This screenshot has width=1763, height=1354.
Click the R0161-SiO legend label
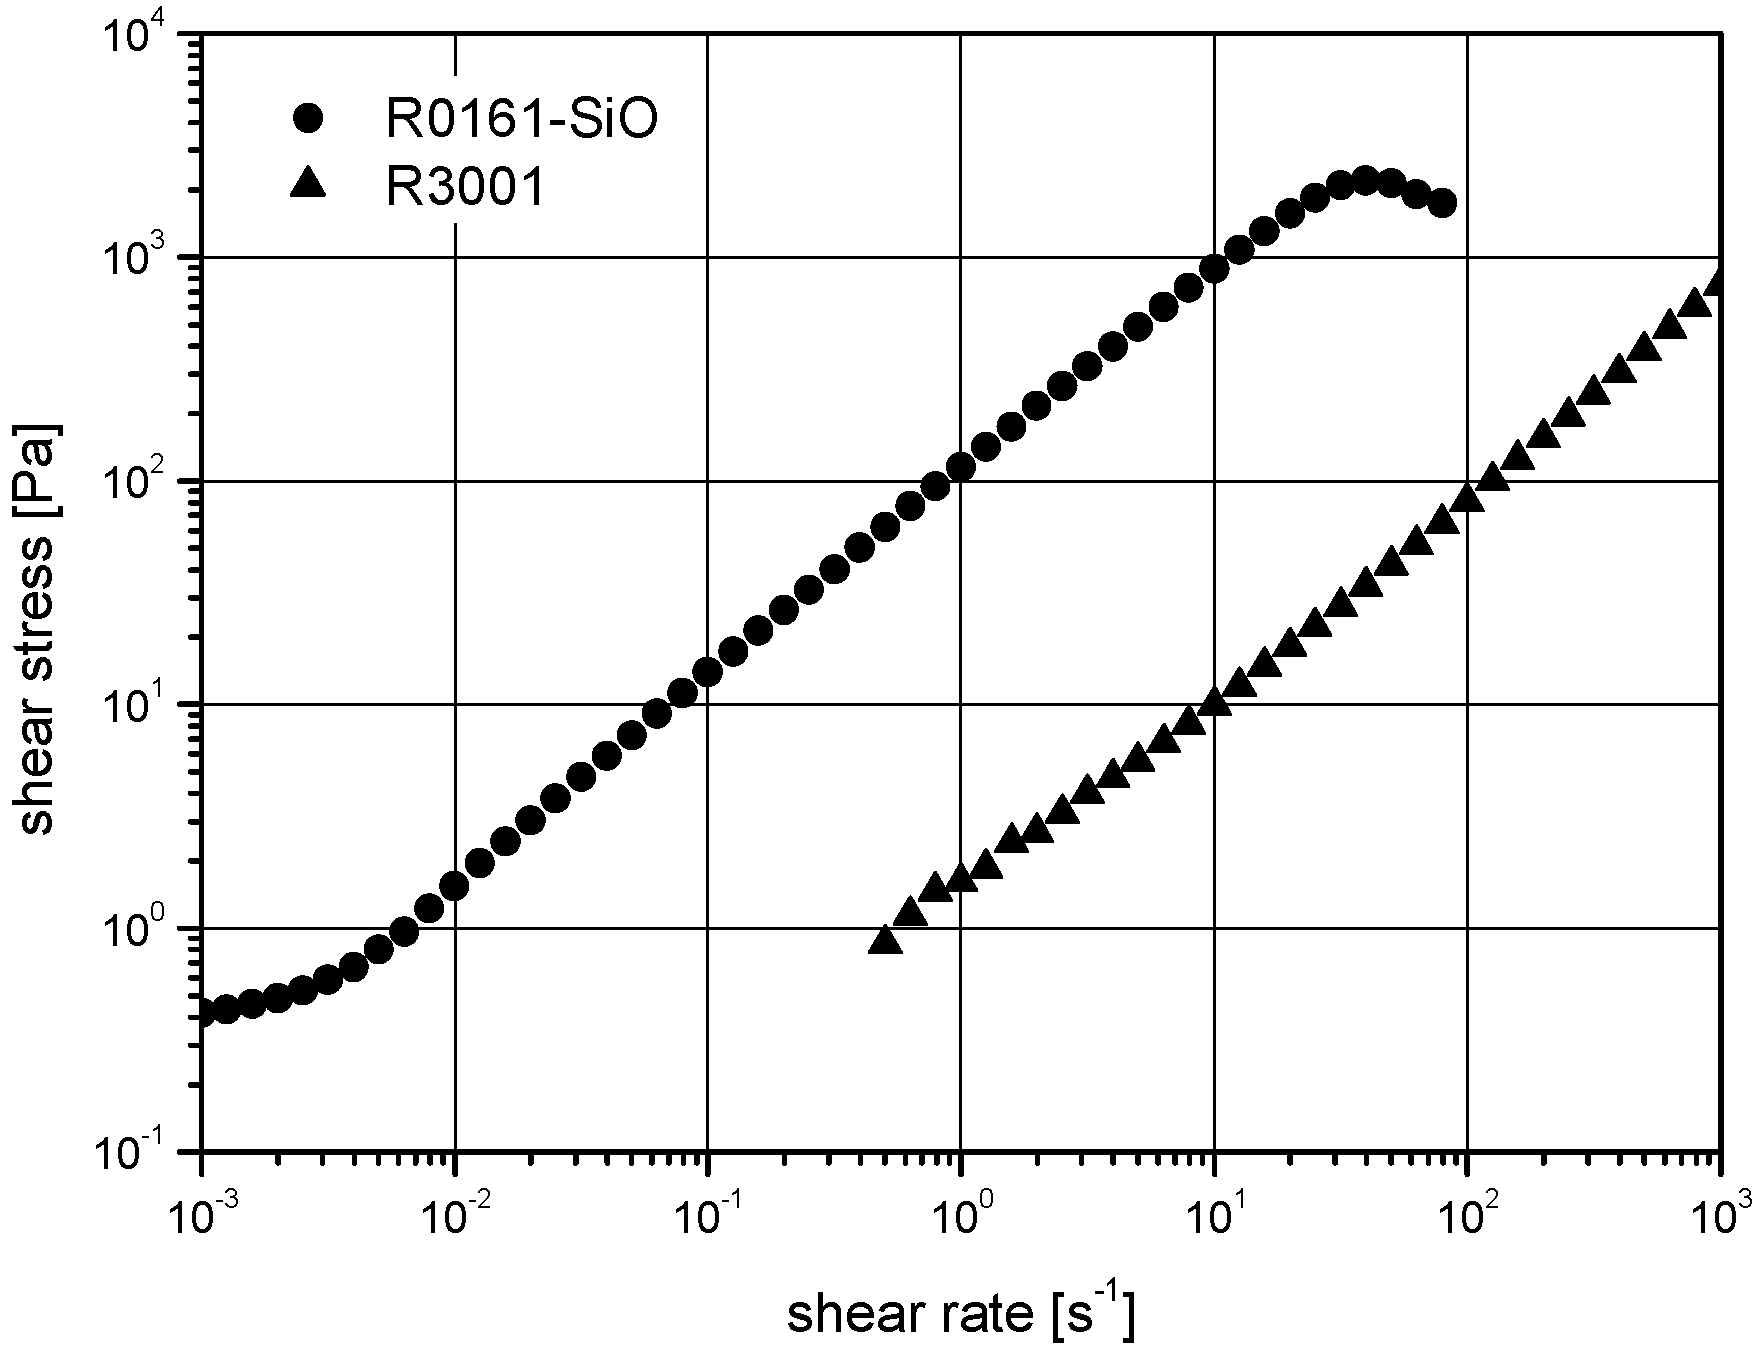pos(521,121)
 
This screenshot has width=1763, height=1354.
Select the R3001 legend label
pos(466,189)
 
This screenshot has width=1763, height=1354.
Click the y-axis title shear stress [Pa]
pos(40,631)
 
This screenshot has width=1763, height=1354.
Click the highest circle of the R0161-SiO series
pos(1365,181)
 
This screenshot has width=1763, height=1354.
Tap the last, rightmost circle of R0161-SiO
pos(1441,203)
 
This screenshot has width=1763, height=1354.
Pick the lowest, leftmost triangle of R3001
pos(885,940)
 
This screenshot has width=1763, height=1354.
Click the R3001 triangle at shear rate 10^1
pos(1214,702)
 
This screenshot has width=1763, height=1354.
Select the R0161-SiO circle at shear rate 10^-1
pos(708,672)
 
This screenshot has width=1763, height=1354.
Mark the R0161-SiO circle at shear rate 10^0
pos(961,467)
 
